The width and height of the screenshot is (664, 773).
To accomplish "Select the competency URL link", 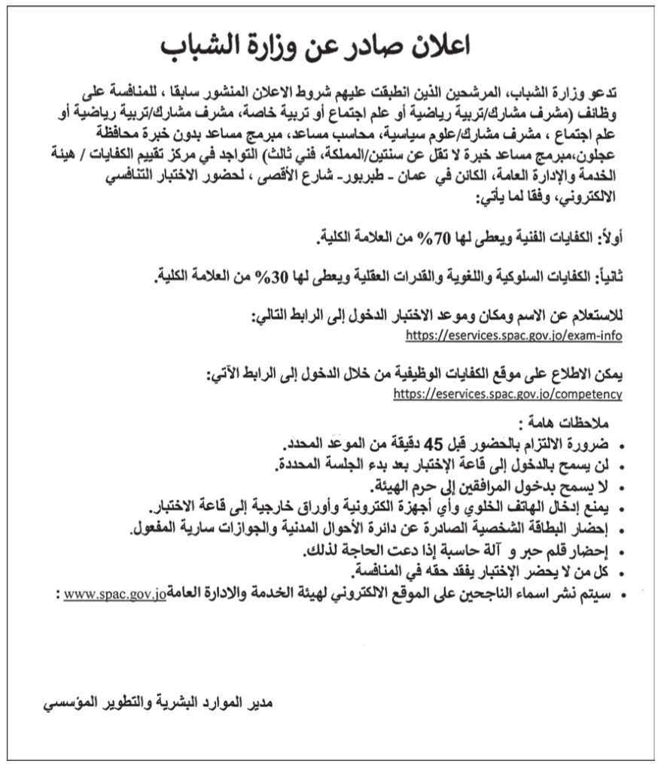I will click(x=508, y=393).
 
